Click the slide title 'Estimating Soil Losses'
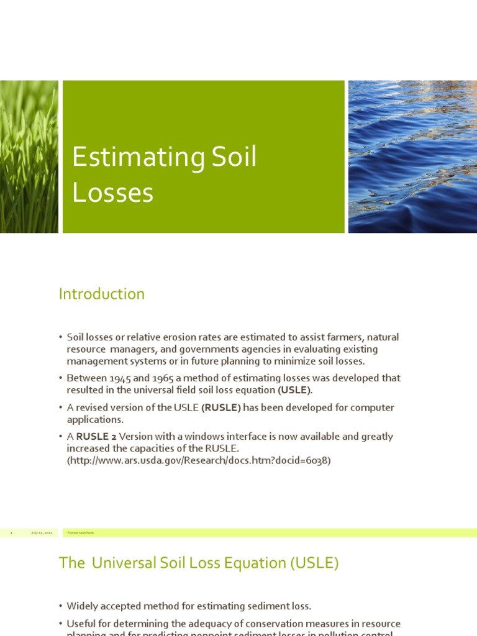164,175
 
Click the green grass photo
29,157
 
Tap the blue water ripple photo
412,157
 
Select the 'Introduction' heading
101,294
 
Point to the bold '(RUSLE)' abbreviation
221,407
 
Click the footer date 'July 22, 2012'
42,533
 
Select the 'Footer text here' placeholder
81,533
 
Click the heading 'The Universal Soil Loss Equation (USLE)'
199,563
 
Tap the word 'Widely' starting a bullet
83,606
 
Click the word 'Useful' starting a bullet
82,624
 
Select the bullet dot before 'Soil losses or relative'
61,337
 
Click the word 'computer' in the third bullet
373,407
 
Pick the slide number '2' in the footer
11,533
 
